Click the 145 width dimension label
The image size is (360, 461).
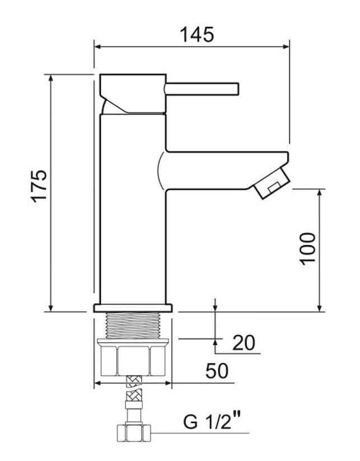[197, 35]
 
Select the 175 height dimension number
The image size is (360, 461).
[39, 186]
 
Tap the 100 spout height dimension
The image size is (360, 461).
[307, 248]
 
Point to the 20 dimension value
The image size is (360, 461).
[244, 342]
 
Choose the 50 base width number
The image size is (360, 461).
[217, 370]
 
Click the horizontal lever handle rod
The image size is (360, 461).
[202, 89]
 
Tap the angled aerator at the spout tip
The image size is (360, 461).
[272, 184]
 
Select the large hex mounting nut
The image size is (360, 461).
[133, 357]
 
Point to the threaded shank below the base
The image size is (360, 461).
[133, 326]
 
